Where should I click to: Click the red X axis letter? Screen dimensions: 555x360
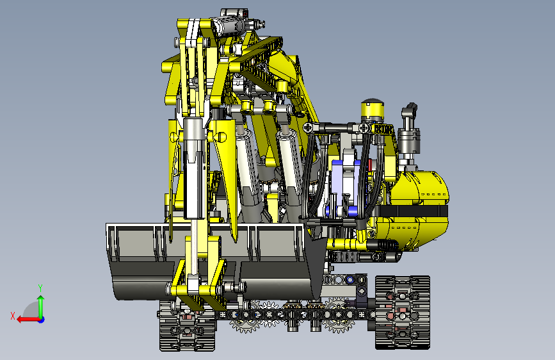tap(13, 316)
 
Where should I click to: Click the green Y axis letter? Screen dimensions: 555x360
tap(40, 288)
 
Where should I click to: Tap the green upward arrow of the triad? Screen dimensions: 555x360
tap(41, 306)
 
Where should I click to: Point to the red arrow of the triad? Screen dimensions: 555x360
tap(28, 320)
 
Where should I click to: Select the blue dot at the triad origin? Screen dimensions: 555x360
tap(42, 320)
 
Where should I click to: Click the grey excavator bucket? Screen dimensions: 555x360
tap(213, 261)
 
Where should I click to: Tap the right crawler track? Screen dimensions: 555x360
tap(403, 312)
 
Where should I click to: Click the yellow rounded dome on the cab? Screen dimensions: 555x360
tap(373, 108)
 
